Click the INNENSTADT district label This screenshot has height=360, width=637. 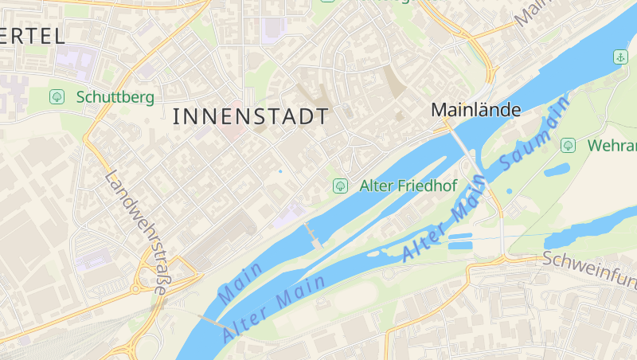point(250,116)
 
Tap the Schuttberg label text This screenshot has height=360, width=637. point(115,97)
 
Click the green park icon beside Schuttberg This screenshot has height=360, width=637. point(57,96)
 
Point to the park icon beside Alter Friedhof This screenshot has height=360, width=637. point(340,186)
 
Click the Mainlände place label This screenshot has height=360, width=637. point(476,111)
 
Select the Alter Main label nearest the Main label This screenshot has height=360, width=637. point(275,307)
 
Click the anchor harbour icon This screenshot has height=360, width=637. point(619,57)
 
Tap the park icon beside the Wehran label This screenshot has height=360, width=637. point(568,145)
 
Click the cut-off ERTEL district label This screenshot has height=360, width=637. point(33,36)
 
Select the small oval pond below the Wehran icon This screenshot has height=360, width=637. point(557,170)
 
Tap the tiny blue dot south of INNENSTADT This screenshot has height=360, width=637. point(280,171)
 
